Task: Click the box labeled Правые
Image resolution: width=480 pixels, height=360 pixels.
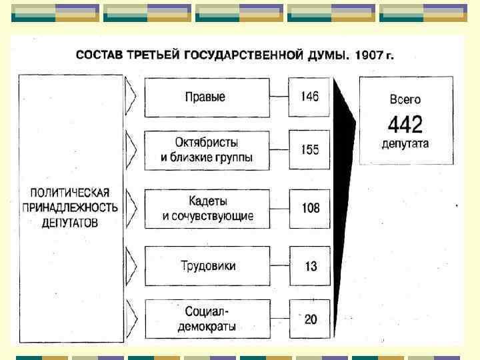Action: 206,97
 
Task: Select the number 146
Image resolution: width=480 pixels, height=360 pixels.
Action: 309,97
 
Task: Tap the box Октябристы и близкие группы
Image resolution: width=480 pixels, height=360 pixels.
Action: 206,151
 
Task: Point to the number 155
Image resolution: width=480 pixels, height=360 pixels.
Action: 309,150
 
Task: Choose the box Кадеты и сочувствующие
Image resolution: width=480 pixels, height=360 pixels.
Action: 206,209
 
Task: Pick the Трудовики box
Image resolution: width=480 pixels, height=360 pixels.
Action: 206,266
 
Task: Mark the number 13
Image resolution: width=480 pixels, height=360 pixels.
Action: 310,266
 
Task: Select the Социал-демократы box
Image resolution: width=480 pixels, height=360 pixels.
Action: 206,319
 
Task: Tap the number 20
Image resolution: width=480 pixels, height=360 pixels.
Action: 310,319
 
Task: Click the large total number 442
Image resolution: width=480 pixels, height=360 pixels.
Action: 405,123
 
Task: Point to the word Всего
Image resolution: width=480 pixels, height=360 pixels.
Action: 405,100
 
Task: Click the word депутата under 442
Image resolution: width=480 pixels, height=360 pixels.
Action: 405,143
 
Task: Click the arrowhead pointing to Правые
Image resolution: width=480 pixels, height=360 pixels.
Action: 131,97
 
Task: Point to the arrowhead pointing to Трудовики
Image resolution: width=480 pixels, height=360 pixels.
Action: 131,266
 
